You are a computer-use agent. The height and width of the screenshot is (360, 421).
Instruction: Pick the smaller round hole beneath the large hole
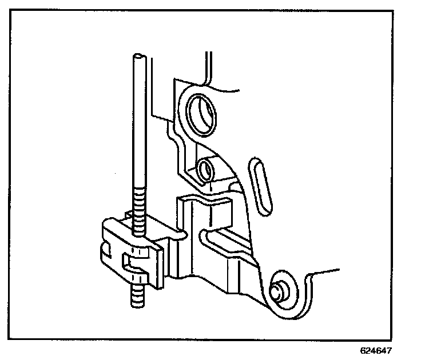[204, 170]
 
